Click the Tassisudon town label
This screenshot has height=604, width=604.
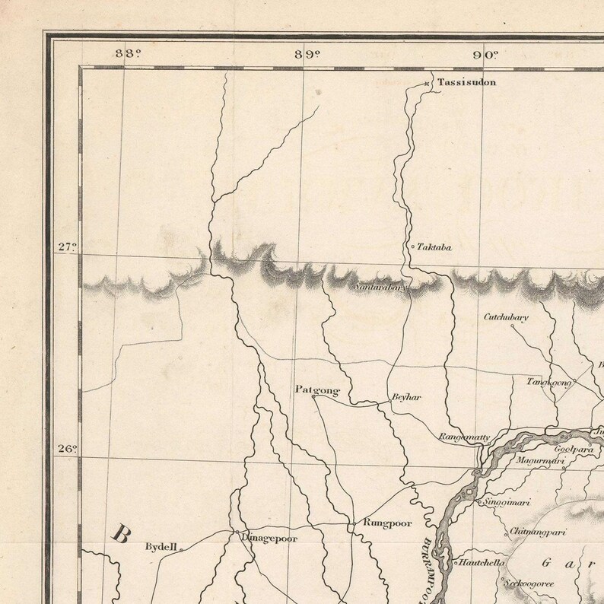[x=467, y=82]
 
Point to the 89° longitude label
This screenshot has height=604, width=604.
[x=308, y=53]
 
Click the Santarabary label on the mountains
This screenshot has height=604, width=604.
[x=381, y=288]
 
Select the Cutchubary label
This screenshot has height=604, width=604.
[x=506, y=316]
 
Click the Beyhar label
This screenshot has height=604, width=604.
[x=405, y=397]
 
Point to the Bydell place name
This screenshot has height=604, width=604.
[x=161, y=546]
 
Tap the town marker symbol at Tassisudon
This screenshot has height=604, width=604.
[x=428, y=83]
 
